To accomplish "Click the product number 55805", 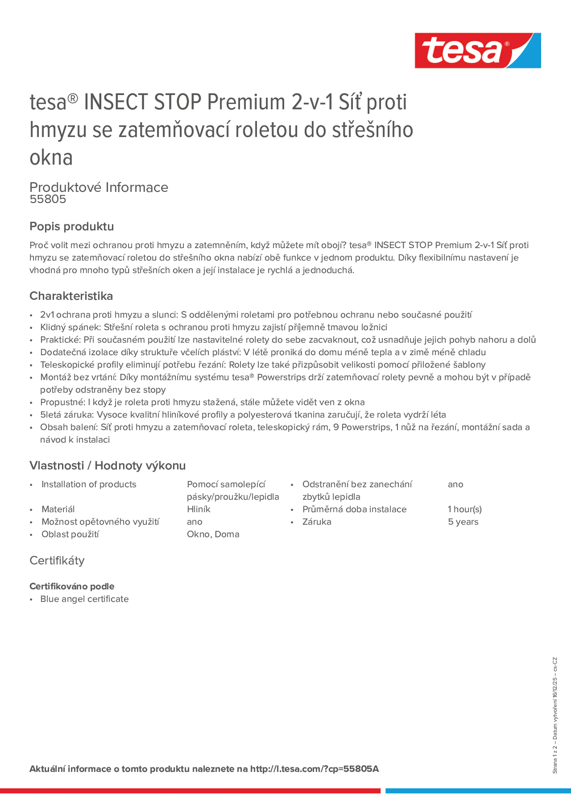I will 48,199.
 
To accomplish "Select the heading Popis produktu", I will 71,226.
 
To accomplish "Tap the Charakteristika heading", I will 71,296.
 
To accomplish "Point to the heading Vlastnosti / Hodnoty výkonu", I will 107,466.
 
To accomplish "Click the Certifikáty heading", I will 57,561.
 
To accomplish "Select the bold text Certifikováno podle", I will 72,586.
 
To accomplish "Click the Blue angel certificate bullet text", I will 84,599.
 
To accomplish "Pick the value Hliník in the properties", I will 199,509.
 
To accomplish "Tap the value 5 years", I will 463,522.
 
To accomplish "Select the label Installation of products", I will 89,484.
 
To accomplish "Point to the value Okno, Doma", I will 213,534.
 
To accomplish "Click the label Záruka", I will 317,522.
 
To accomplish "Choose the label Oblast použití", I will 70,534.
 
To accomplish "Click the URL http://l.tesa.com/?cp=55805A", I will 314,769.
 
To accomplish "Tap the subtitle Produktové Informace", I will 99,187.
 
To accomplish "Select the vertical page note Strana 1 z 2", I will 555,764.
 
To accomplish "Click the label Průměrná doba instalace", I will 354,509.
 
